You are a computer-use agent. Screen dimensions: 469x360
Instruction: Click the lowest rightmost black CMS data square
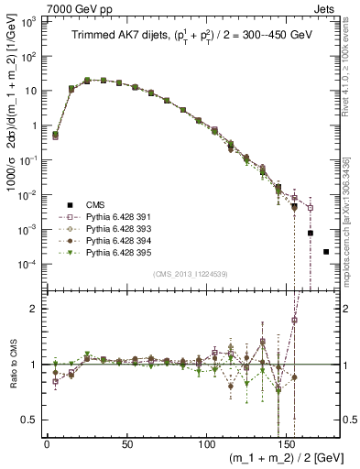pos(326,251)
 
